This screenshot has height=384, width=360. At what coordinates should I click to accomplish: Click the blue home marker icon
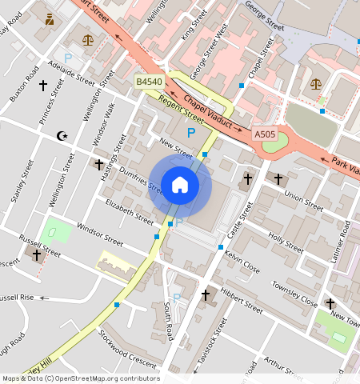pyautogui.click(x=180, y=186)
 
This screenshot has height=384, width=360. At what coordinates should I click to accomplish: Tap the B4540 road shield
pyautogui.click(x=149, y=82)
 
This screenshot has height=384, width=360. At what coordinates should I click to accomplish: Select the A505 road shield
pyautogui.click(x=265, y=134)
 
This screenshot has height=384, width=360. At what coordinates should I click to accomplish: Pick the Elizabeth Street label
pyautogui.click(x=129, y=211)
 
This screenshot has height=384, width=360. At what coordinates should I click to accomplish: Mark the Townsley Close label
pyautogui.click(x=295, y=295)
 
